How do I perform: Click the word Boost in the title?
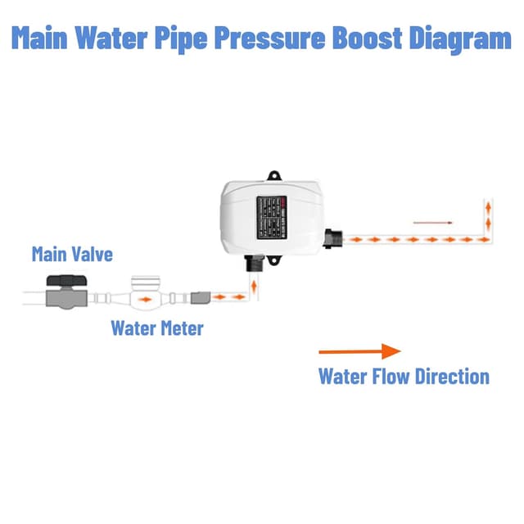(x=360, y=38)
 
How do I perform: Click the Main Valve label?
(x=72, y=254)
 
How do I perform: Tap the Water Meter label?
(x=156, y=329)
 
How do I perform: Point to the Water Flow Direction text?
(x=403, y=377)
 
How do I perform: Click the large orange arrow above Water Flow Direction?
(x=359, y=351)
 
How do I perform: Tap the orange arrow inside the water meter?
(x=144, y=300)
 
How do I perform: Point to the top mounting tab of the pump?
(x=273, y=174)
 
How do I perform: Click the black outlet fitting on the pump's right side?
(x=332, y=238)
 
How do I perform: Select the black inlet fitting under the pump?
(x=253, y=265)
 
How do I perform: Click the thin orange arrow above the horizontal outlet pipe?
(x=431, y=221)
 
